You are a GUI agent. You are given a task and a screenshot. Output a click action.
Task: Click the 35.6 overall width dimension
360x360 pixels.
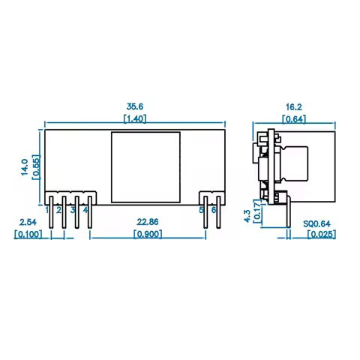click(135, 106)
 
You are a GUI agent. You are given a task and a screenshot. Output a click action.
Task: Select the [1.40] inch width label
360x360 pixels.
click(135, 118)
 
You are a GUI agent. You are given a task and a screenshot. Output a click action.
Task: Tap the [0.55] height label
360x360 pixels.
click(34, 166)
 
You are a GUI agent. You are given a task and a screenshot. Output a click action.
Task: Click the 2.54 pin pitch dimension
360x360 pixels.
click(28, 222)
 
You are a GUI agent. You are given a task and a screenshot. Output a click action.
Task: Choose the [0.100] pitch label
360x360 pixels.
click(28, 234)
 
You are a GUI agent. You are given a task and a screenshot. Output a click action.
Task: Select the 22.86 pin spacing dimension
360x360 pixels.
click(146, 222)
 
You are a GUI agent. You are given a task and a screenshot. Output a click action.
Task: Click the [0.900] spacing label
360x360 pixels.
click(146, 234)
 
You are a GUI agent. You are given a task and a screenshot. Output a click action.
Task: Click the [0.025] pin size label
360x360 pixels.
click(322, 234)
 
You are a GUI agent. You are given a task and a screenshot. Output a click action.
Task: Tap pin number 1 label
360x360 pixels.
click(47, 211)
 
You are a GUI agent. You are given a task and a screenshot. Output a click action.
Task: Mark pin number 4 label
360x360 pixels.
click(86, 211)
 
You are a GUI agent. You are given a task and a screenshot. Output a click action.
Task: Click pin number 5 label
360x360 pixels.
click(202, 211)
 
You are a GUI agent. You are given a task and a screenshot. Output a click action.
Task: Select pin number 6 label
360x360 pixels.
click(214, 211)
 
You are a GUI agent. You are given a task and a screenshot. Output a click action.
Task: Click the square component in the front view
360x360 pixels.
click(145, 167)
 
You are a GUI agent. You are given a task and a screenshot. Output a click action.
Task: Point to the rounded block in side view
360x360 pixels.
click(296, 163)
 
